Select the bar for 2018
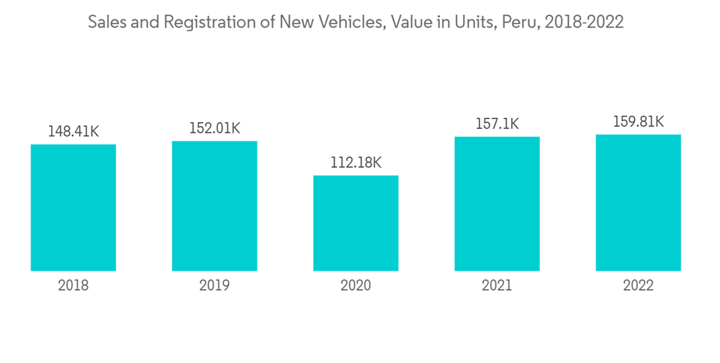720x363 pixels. pos(73,207)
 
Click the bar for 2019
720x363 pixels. pos(215,206)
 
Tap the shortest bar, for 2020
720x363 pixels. pos(356,223)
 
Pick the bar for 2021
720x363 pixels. pos(497,204)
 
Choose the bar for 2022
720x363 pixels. pos(638,202)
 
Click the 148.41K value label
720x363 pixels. pos(73,132)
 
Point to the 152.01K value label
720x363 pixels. pos(215,128)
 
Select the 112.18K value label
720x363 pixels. pos(356,163)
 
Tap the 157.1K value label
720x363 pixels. pos(497,124)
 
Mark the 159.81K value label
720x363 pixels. pos(638,122)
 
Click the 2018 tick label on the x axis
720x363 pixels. pos(73,286)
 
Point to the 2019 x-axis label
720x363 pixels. pos(215,286)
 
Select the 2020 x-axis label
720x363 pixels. pos(356,286)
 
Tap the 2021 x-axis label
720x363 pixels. pos(497,286)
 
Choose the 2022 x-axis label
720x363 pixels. pos(638,286)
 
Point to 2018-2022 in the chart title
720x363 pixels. pos(584,22)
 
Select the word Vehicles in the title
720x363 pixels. pos(351,22)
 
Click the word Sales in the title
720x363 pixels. pos(105,22)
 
